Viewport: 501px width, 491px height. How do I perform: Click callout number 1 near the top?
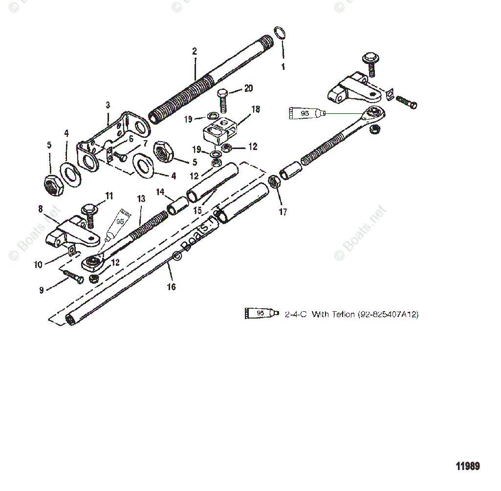tap(283, 67)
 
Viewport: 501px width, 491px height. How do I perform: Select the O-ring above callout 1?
tap(278, 34)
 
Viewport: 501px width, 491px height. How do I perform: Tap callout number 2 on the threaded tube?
tap(195, 51)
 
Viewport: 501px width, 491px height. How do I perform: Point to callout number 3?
tap(108, 105)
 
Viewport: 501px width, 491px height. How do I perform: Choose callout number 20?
tap(248, 88)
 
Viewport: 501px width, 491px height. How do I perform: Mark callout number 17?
tap(283, 212)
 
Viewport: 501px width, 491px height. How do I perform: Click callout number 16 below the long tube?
tap(171, 287)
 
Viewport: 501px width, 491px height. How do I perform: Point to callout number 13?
tap(141, 199)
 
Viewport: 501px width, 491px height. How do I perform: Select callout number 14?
tap(160, 192)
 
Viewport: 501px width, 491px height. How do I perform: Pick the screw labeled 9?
tap(73, 277)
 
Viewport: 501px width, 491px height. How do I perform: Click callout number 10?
tap(38, 264)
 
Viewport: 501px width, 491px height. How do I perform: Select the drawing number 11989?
tap(468, 466)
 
